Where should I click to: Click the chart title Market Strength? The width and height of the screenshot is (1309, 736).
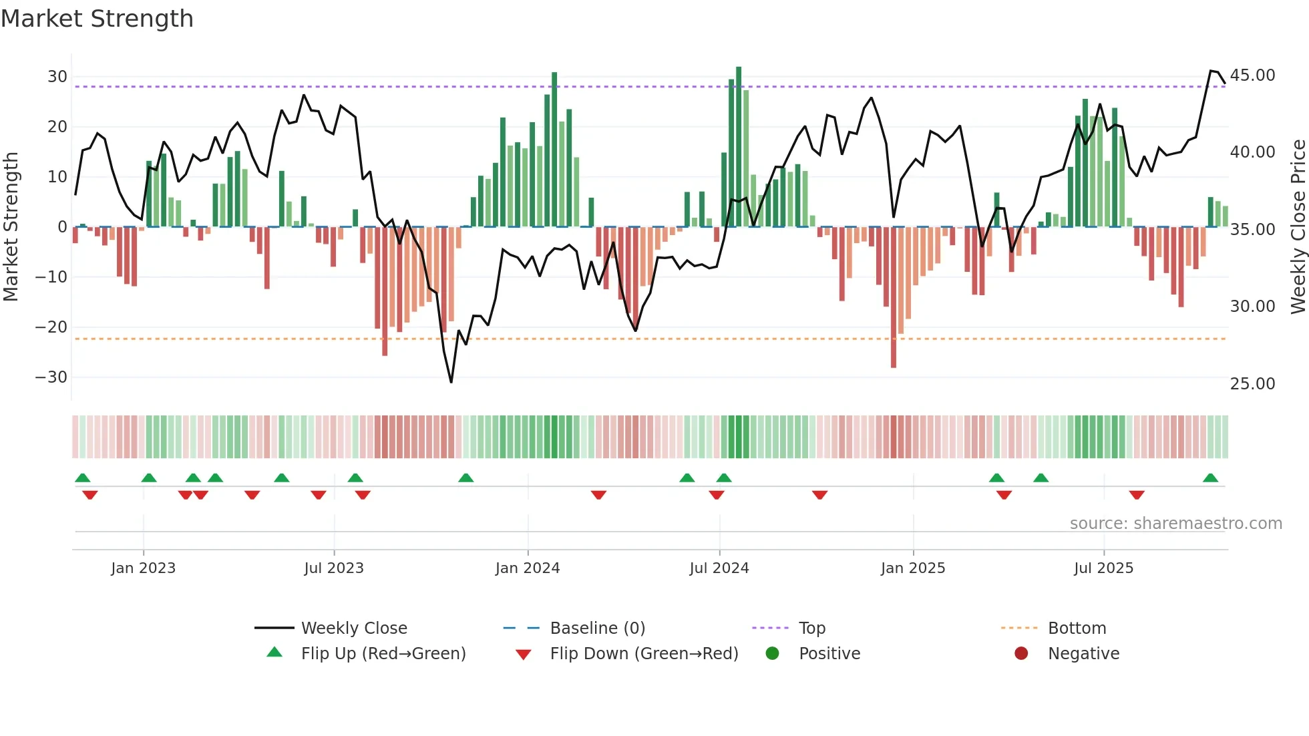pos(98,19)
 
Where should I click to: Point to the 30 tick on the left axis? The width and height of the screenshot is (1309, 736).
pos(57,77)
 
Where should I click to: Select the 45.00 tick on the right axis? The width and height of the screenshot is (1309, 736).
pos(1252,75)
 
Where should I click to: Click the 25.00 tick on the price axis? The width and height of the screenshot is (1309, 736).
pos(1252,384)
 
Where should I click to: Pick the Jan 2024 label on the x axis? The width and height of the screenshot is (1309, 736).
pos(528,568)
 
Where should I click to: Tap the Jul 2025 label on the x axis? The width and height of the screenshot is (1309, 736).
pos(1103,568)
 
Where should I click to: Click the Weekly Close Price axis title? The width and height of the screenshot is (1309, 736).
pos(1298,227)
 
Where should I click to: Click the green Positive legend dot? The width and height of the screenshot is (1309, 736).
pos(773,654)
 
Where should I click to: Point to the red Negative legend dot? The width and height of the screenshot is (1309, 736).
pos(1021,654)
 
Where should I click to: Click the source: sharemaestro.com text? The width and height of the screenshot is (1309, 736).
pos(1175,524)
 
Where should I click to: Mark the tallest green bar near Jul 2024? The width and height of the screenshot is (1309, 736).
pos(739,147)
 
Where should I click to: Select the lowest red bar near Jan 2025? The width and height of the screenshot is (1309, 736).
pos(894,297)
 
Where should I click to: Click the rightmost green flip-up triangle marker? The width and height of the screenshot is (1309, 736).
pos(1210,478)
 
